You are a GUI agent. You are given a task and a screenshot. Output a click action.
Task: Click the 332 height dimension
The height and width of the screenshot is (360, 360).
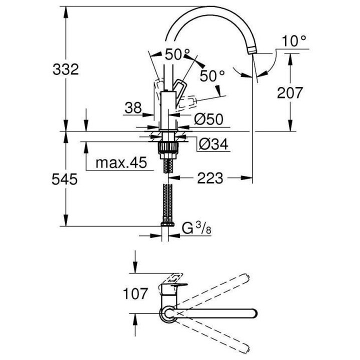65,69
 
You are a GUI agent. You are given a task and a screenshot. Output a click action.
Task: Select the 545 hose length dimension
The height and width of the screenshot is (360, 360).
65,178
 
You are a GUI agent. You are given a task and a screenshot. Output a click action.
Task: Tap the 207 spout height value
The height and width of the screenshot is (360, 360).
290,92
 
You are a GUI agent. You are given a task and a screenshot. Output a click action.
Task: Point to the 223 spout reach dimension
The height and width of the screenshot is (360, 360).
210,178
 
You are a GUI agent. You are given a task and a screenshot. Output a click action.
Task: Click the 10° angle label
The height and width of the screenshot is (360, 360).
294,41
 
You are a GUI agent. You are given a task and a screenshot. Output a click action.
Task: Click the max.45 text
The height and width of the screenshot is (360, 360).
119,162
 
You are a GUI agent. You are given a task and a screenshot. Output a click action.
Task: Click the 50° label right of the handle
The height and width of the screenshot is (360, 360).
212,75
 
